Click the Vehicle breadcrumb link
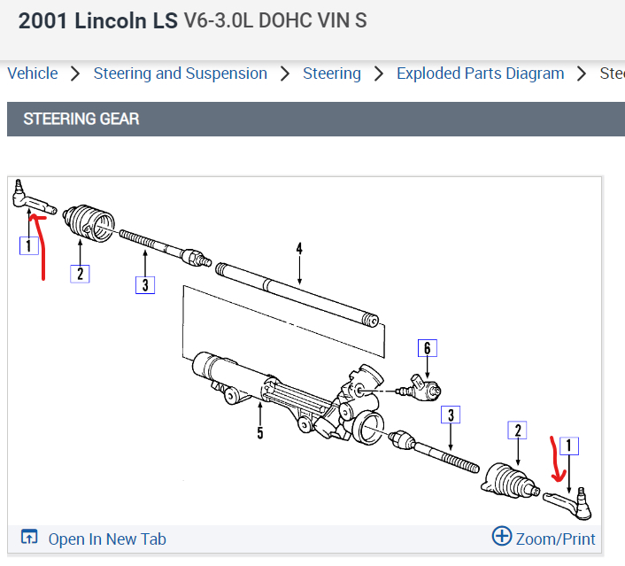click(x=33, y=74)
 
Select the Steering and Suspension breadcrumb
click(x=181, y=74)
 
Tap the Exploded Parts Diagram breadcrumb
click(x=481, y=74)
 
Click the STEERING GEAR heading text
click(x=81, y=119)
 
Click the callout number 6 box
click(x=428, y=348)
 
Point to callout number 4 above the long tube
click(x=299, y=249)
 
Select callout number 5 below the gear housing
click(x=260, y=433)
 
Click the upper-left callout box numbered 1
click(x=28, y=245)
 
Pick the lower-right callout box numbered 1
click(x=569, y=446)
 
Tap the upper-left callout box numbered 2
click(x=81, y=274)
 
